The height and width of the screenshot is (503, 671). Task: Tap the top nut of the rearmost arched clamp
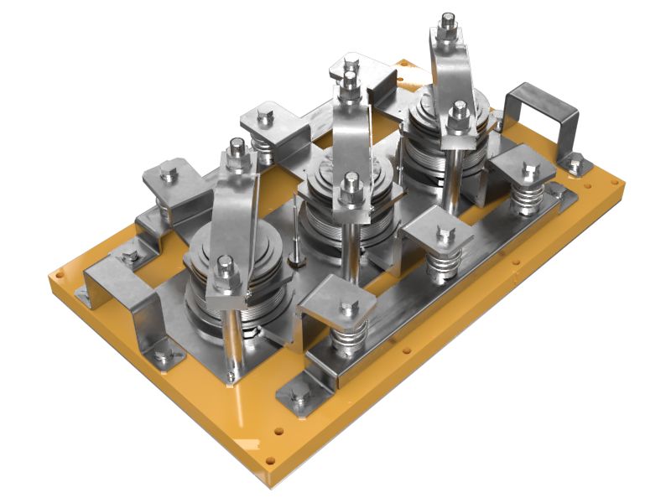(448, 22)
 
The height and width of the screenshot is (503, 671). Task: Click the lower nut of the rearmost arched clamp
(458, 112)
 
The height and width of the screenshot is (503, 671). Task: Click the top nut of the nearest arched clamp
(237, 155)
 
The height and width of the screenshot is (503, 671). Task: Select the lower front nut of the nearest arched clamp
(224, 270)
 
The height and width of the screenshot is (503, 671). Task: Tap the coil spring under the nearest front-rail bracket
(346, 340)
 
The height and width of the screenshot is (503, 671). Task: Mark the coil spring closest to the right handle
(526, 201)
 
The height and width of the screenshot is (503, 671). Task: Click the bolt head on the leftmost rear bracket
(168, 174)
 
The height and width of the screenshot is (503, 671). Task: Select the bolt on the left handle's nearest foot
(165, 355)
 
